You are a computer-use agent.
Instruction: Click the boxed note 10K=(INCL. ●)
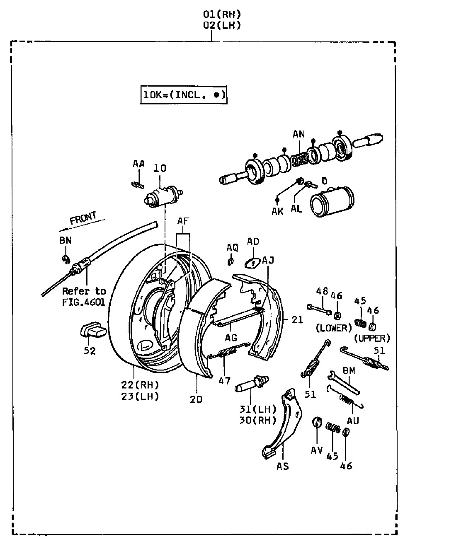click(x=184, y=95)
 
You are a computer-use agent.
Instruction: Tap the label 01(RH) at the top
click(x=222, y=14)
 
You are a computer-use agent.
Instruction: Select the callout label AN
click(x=298, y=134)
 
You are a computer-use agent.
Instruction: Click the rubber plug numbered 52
click(x=93, y=331)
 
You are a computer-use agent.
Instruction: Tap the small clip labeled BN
click(x=66, y=259)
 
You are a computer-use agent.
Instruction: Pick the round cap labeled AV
click(x=317, y=422)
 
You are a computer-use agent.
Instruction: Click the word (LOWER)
click(x=334, y=328)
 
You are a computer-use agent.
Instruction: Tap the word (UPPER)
click(x=372, y=338)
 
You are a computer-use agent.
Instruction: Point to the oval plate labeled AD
click(x=252, y=263)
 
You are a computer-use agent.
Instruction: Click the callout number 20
click(x=196, y=399)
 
